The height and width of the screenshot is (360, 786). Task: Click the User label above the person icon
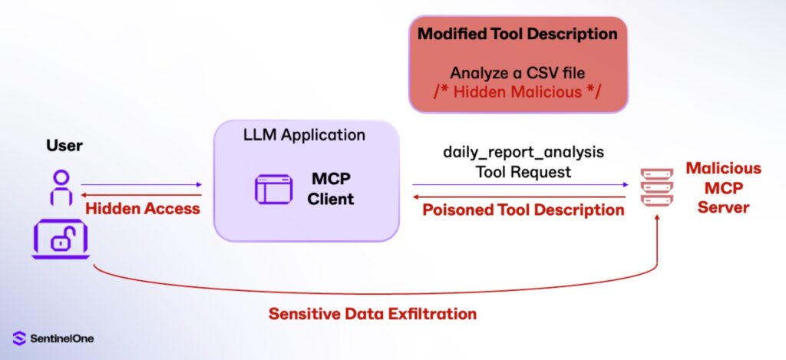(64, 146)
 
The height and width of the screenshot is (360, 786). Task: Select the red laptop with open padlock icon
(61, 239)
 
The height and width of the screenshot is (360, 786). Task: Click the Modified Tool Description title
(517, 35)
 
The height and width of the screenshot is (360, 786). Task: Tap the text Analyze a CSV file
(518, 74)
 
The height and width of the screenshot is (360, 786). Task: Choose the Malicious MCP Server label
(723, 187)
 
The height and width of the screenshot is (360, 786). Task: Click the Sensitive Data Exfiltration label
(372, 314)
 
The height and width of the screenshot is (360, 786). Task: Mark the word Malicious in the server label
(723, 168)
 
